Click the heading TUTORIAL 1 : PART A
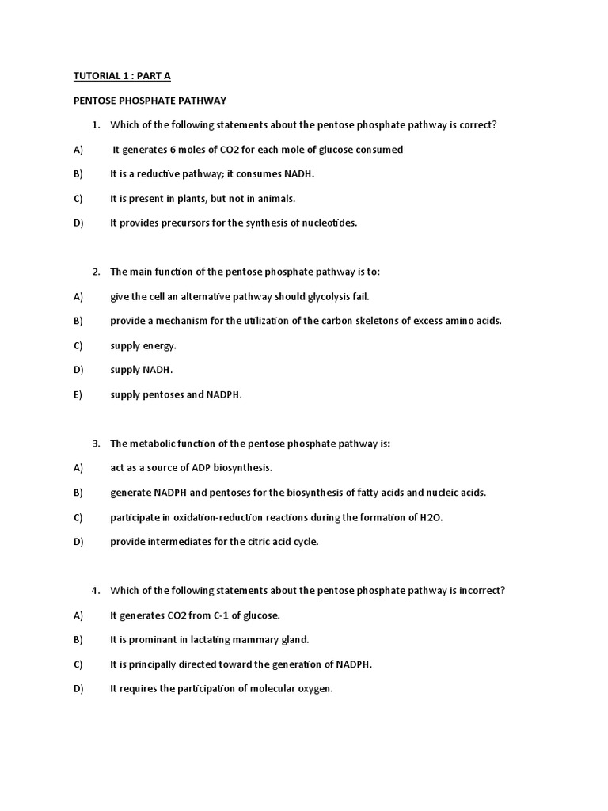tap(122, 76)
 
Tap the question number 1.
tap(95, 125)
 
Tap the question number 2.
tap(95, 272)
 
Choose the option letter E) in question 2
tap(78, 395)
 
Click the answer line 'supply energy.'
tap(143, 346)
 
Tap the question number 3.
tap(95, 444)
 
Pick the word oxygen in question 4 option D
tap(314, 689)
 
